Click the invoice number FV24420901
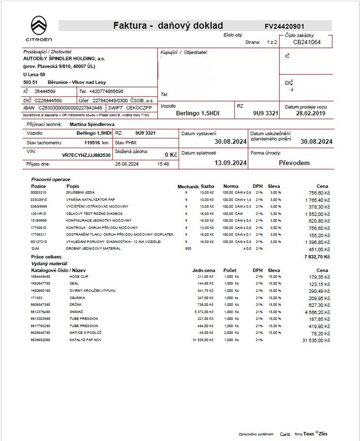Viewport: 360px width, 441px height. [284, 26]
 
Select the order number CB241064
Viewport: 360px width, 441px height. [307, 42]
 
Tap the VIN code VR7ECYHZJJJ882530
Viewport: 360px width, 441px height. [86, 155]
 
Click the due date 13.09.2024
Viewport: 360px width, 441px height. [230, 163]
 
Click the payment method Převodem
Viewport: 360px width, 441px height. [294, 163]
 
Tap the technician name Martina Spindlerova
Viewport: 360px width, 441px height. [92, 124]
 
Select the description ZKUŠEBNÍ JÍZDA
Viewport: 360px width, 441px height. [81, 193]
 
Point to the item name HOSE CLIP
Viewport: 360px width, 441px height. [79, 276]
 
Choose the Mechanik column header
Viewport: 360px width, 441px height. [188, 186]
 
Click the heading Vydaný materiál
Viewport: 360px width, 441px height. [50, 264]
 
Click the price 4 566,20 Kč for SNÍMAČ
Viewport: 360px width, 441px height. [317, 312]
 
